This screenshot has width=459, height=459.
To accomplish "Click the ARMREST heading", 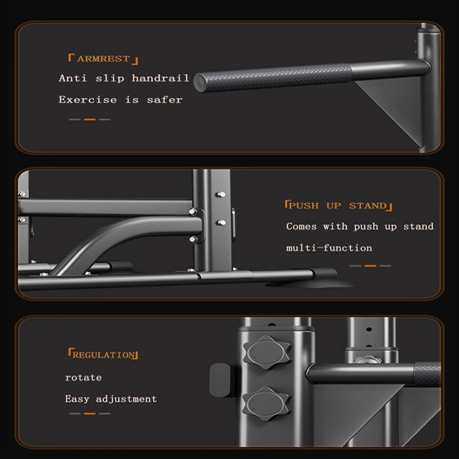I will coord(103,59).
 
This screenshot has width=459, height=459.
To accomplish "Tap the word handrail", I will coord(161,78).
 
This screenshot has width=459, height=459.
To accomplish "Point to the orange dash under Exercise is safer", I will coord(90,119).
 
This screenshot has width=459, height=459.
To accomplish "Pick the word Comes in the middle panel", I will coord(301,227).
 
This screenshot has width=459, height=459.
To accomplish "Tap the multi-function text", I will coord(329,248).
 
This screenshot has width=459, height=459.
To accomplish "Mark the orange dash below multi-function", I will coord(370,266).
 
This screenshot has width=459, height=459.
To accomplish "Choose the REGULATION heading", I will coord(103,355).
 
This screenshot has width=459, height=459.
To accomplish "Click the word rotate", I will coord(83,378).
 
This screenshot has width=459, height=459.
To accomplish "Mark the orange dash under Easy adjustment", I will coord(90,413).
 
